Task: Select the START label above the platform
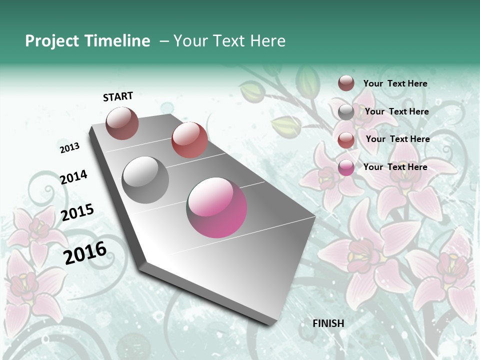coord(118,96)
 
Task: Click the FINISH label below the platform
coord(328,323)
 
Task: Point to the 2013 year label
coord(70,148)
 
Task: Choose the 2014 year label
coord(73,177)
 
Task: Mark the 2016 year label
coord(85,252)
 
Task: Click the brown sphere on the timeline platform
coord(122,123)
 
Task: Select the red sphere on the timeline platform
coord(189,140)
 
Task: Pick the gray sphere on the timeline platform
coord(145,180)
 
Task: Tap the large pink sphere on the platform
coord(216,207)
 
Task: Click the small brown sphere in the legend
coord(346,83)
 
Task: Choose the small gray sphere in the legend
coord(346,112)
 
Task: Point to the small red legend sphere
coord(346,140)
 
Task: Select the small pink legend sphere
coord(346,167)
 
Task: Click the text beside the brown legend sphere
coord(395,84)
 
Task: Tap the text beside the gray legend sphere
coord(396,111)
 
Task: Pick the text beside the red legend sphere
coord(397,139)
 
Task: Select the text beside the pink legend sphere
coord(395,167)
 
